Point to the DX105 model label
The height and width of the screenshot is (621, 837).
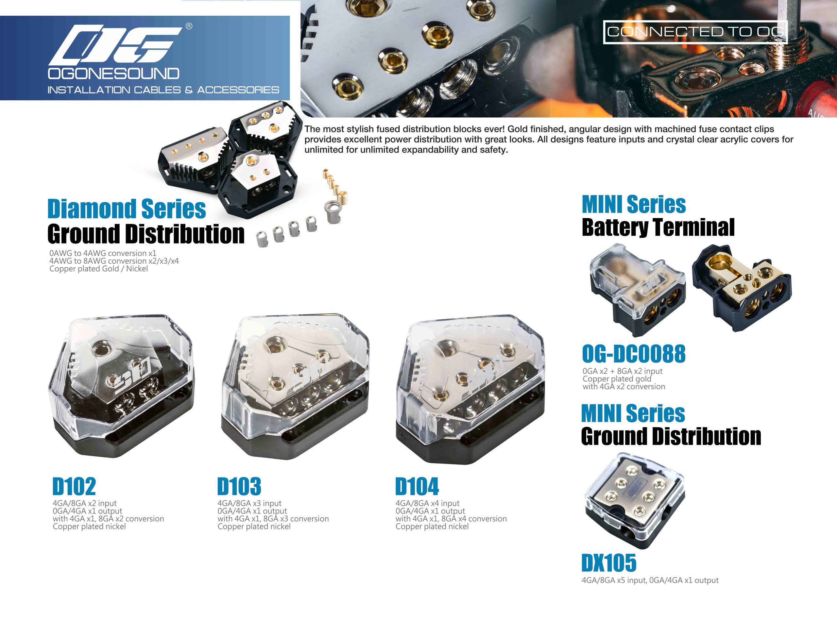click(x=609, y=563)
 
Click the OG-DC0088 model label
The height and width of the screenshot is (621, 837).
click(x=634, y=354)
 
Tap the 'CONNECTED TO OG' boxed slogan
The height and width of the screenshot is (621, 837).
click(x=695, y=32)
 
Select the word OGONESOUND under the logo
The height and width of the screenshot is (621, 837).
click(x=113, y=74)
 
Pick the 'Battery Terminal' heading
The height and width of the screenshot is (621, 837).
click(x=658, y=227)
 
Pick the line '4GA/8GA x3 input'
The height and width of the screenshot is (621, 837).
click(x=249, y=503)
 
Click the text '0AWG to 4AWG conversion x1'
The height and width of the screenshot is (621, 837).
click(x=103, y=253)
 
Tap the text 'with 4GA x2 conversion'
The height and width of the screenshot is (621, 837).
click(x=624, y=386)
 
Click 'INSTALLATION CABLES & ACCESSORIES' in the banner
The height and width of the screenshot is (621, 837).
click(x=163, y=90)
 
